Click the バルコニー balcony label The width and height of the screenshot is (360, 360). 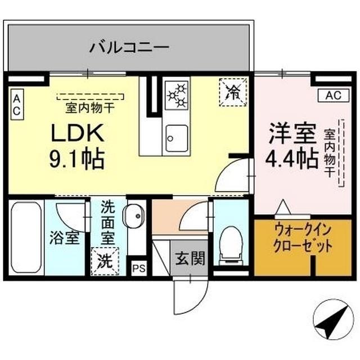tap(129, 47)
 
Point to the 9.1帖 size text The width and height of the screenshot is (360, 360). tap(76, 160)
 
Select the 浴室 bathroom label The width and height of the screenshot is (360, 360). tap(64, 237)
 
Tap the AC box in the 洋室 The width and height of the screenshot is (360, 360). tap(332, 96)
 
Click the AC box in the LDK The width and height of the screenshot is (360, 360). tap(16, 104)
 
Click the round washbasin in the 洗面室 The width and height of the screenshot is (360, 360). tap(134, 215)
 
